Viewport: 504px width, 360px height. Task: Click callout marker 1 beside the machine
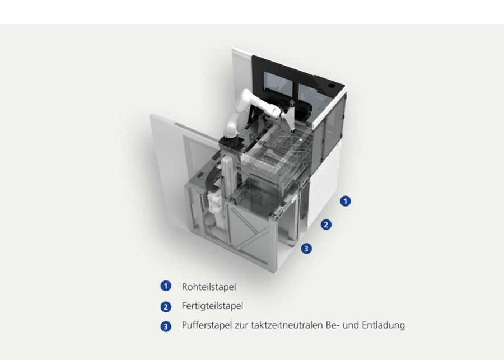(345, 201)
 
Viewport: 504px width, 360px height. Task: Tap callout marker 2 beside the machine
(326, 225)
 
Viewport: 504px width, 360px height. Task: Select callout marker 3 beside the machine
(306, 249)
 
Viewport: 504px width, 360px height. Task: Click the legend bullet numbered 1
(166, 286)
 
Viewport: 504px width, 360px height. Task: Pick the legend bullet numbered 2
(166, 307)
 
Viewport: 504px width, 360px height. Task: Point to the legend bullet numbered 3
(166, 326)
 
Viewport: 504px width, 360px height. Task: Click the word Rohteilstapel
(209, 287)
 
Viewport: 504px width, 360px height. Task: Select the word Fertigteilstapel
(212, 306)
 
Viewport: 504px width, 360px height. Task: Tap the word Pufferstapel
(207, 325)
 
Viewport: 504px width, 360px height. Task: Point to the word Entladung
(383, 325)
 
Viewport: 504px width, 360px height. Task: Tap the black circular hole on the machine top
(332, 86)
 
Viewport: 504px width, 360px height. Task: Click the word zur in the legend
(241, 325)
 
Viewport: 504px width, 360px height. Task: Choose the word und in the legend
(351, 325)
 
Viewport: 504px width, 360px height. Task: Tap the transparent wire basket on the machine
(277, 151)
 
